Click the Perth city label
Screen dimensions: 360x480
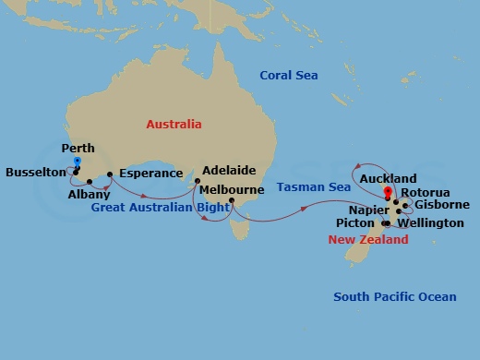78,148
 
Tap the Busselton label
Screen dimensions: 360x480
35,172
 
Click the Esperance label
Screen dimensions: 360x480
151,173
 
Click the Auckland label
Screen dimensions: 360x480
388,178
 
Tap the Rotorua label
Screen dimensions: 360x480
427,192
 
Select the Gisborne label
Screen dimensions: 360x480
442,204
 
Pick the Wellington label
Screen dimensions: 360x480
431,223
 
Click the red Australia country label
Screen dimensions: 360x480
174,124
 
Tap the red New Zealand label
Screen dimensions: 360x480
368,240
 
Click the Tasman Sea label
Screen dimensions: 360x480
314,187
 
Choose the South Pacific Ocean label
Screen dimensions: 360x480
395,296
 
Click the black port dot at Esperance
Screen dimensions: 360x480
110,174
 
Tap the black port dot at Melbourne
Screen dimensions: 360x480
232,201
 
